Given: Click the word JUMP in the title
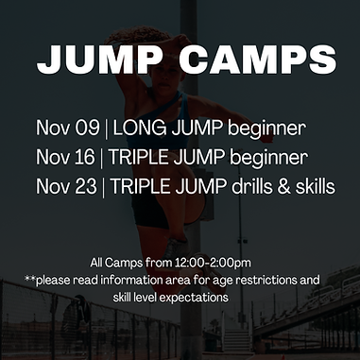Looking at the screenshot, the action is (100, 60).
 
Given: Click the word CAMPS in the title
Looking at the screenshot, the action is (258, 60).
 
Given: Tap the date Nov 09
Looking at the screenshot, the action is (68, 128).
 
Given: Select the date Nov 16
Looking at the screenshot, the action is (65, 157).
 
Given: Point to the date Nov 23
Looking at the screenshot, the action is (66, 186).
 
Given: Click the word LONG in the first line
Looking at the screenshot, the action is (140, 128).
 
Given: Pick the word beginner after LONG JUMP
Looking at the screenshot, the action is (266, 129).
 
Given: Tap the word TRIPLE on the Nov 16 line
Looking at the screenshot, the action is (140, 157).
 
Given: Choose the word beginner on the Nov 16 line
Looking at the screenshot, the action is (269, 158).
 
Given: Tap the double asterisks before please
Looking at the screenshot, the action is (29, 278).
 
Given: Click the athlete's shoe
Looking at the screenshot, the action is (176, 249).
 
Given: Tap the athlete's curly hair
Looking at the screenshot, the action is (135, 35).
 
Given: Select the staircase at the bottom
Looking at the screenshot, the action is (237, 340).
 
